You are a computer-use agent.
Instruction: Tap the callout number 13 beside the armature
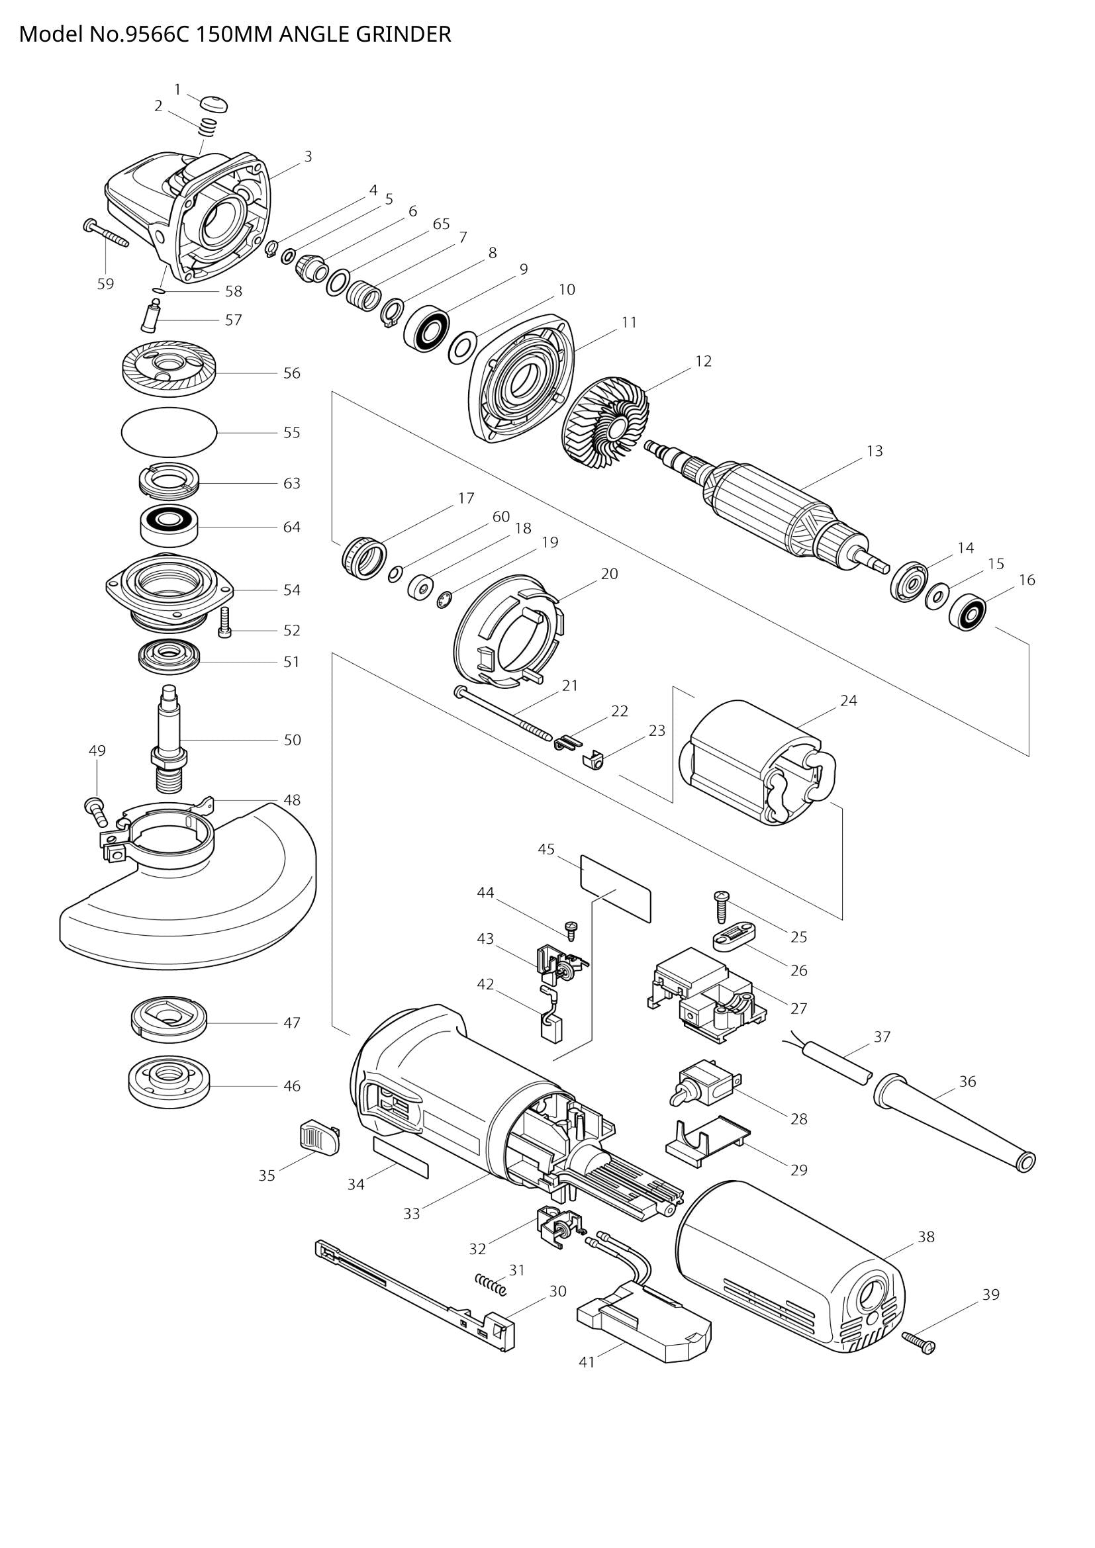click(874, 451)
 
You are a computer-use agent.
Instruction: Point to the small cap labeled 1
click(215, 105)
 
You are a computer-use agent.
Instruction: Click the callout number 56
click(291, 373)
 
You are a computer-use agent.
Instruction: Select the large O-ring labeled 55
click(169, 433)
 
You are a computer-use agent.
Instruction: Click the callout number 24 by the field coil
click(848, 700)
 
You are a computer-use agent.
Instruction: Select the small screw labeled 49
click(95, 809)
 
